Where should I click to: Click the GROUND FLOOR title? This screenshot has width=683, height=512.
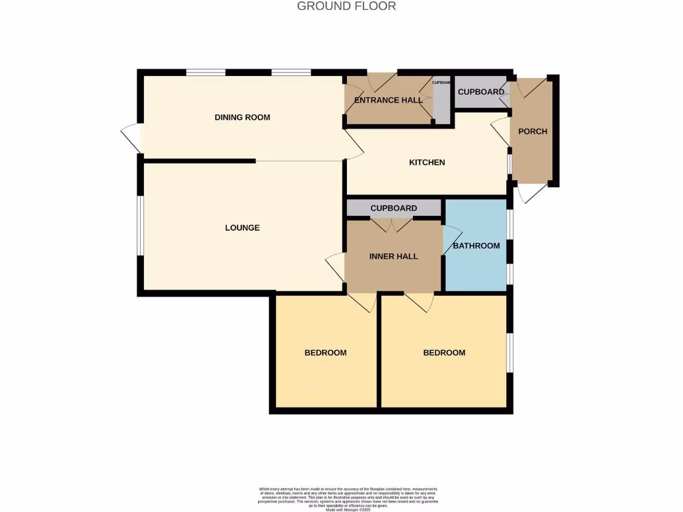click(346, 6)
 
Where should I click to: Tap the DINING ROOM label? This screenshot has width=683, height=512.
click(242, 117)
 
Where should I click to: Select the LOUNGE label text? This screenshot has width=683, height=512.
click(242, 228)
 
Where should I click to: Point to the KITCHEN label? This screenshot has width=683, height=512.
click(427, 163)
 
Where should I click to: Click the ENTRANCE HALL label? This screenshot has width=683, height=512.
click(388, 101)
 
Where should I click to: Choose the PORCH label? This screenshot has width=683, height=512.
click(532, 131)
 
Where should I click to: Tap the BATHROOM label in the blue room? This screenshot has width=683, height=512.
click(476, 246)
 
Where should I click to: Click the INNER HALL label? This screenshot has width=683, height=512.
click(394, 257)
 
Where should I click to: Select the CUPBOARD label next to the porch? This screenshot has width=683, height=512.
click(481, 92)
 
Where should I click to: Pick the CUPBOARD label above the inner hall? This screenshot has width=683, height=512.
click(394, 209)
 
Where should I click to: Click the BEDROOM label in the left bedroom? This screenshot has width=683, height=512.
click(325, 353)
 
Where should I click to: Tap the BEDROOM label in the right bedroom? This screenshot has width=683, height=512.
click(444, 353)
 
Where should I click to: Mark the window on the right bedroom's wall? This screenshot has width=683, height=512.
click(510, 352)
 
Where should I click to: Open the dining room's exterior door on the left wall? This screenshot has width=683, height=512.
click(131, 139)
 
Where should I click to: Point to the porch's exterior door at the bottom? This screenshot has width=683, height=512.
click(533, 193)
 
